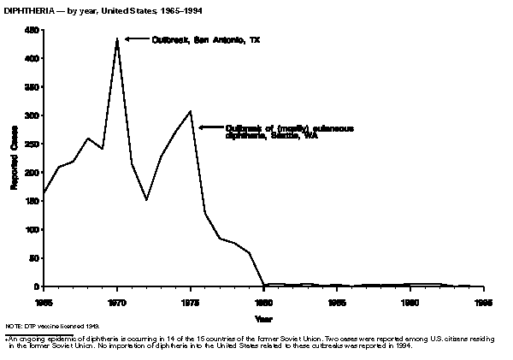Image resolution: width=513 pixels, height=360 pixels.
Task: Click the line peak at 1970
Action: (x=117, y=38)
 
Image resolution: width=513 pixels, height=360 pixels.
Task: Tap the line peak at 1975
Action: (x=191, y=111)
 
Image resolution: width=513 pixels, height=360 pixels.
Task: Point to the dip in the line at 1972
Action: (x=146, y=199)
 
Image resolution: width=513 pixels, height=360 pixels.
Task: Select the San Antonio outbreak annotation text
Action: (x=206, y=39)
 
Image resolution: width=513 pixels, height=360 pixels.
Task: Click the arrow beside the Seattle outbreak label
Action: (x=209, y=127)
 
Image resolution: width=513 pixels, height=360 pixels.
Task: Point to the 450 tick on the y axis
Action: (x=32, y=30)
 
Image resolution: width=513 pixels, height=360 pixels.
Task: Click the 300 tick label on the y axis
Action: (x=32, y=115)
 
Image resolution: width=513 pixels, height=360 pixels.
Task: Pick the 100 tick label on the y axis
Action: (x=32, y=230)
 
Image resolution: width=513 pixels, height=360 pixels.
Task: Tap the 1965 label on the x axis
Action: (x=44, y=302)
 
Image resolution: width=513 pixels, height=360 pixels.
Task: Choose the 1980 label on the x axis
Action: (x=263, y=302)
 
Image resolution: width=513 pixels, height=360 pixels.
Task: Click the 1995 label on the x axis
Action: (x=484, y=302)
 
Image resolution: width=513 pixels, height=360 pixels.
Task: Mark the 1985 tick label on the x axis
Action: (x=337, y=302)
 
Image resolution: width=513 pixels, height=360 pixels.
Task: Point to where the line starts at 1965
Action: (x=44, y=192)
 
